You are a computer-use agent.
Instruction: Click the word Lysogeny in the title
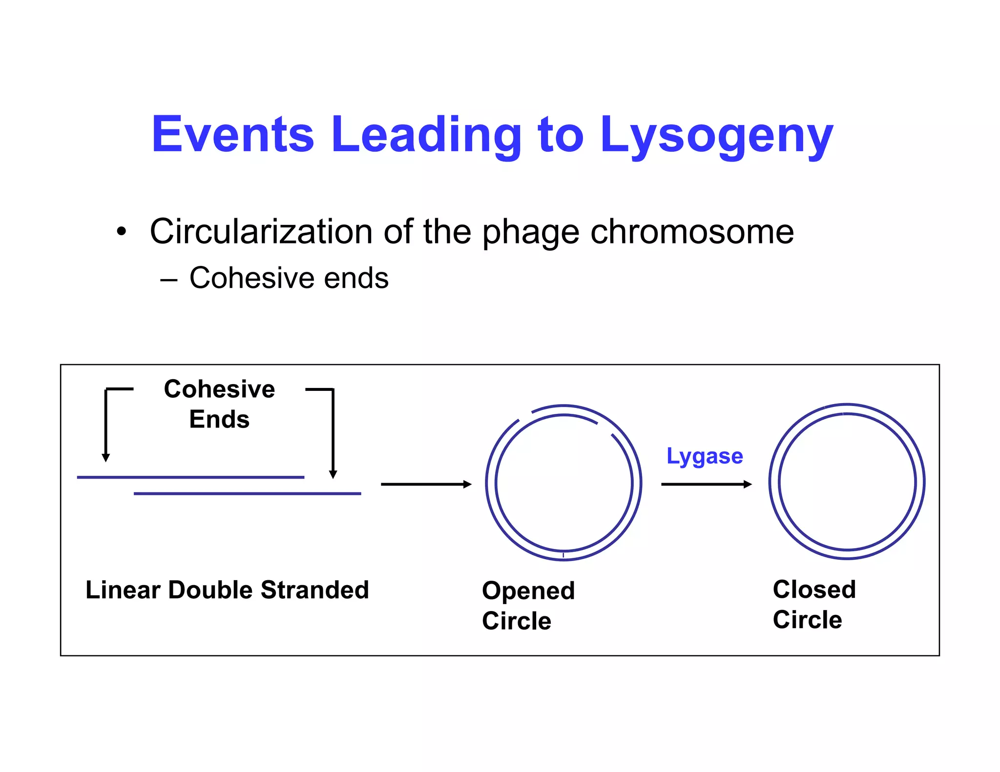pos(716,135)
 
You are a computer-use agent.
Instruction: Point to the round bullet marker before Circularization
pos(121,232)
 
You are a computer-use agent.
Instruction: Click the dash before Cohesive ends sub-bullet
pos(168,280)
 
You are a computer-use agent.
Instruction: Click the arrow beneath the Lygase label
pos(706,484)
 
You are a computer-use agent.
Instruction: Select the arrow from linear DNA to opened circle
pos(426,484)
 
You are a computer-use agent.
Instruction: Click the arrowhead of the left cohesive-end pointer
pos(105,457)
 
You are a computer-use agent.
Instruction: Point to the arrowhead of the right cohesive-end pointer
pos(333,474)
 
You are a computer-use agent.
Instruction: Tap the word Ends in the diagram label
pos(219,419)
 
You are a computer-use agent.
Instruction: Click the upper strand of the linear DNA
pos(190,477)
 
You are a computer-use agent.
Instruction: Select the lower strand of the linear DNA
pos(247,494)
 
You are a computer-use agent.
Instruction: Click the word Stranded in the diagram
pos(314,589)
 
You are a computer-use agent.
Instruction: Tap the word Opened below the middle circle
pos(528,591)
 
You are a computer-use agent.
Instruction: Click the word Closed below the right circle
pos(814,589)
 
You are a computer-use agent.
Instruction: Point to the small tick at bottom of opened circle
pos(563,555)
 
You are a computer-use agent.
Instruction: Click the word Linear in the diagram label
pos(123,589)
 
